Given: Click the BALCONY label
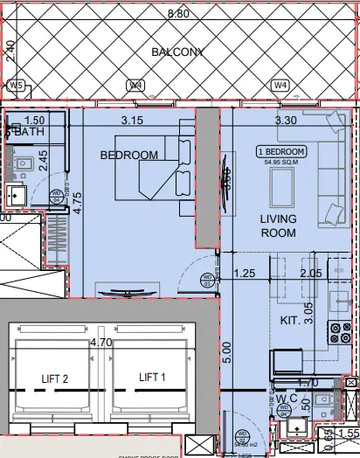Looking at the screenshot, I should pyautogui.click(x=177, y=52).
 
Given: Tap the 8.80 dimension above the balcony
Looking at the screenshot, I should pyautogui.click(x=179, y=14).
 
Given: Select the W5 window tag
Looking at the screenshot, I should pyautogui.click(x=15, y=86).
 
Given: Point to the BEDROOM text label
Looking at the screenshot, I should pyautogui.click(x=129, y=156).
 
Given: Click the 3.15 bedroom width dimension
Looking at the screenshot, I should pyautogui.click(x=133, y=120).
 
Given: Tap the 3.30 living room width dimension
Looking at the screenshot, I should pyautogui.click(x=287, y=120).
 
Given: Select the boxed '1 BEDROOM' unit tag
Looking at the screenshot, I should pyautogui.click(x=280, y=151).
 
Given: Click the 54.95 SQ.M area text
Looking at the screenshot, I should pyautogui.click(x=280, y=161).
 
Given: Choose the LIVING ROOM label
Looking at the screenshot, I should pyautogui.click(x=279, y=226).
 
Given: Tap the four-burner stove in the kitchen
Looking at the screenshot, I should pyautogui.click(x=336, y=333).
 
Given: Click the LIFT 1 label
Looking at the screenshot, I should pyautogui.click(x=152, y=378).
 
